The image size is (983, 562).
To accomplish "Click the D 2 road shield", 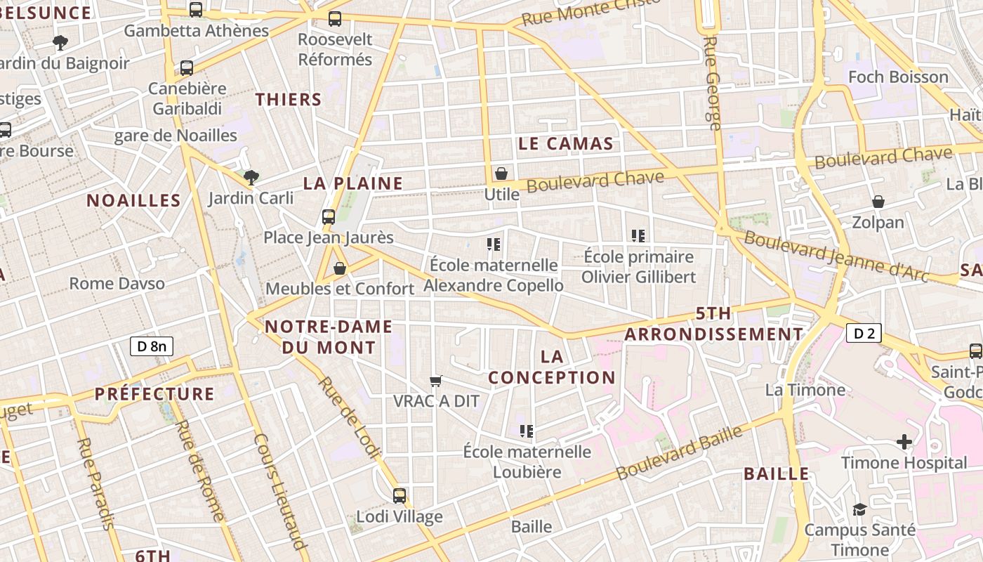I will pyautogui.click(x=864, y=333).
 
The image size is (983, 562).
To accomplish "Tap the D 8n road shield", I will pyautogui.click(x=152, y=346).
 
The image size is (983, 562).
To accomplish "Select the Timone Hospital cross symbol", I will pyautogui.click(x=904, y=442).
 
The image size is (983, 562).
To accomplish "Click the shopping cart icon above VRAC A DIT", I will pyautogui.click(x=436, y=381).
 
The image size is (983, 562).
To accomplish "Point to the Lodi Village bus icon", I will pyautogui.click(x=400, y=496).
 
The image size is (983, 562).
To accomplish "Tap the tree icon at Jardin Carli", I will pyautogui.click(x=251, y=177).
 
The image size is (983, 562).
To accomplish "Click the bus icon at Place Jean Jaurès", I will pyautogui.click(x=329, y=217).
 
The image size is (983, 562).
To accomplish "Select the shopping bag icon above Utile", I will pyautogui.click(x=501, y=174).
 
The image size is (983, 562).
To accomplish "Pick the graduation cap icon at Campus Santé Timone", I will pyautogui.click(x=859, y=509).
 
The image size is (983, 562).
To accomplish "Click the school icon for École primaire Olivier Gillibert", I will pyautogui.click(x=638, y=236).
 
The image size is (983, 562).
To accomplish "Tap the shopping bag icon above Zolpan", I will pyautogui.click(x=878, y=202).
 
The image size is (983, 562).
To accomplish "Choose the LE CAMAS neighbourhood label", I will pyautogui.click(x=565, y=144).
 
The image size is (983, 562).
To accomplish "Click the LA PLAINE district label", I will pyautogui.click(x=353, y=183).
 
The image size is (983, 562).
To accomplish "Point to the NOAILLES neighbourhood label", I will pyautogui.click(x=133, y=200).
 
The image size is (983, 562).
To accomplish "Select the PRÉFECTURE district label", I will pyautogui.click(x=154, y=393).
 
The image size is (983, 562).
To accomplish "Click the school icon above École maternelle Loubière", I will pyautogui.click(x=527, y=431).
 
